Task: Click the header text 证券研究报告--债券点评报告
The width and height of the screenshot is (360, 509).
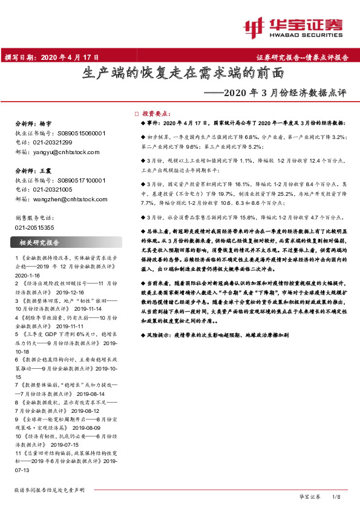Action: click(303, 57)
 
